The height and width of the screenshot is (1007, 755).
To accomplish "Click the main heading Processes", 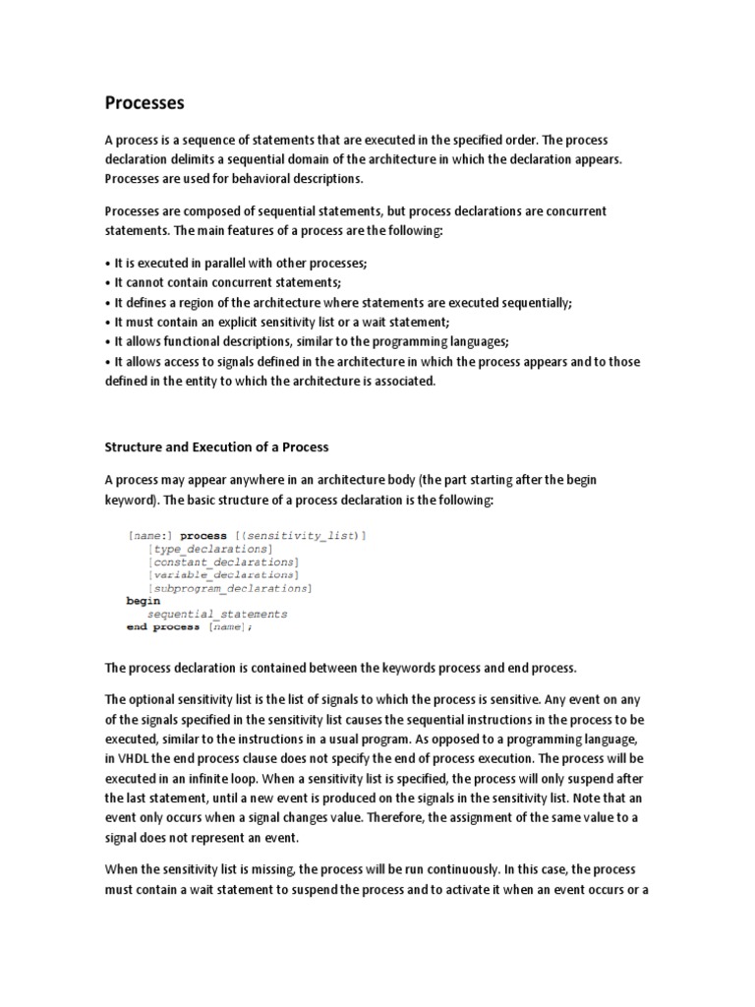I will pyautogui.click(x=144, y=102).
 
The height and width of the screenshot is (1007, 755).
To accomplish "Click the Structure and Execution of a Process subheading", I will pyautogui.click(x=217, y=445).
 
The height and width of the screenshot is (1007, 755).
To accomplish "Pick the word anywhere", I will pyautogui.click(x=261, y=479).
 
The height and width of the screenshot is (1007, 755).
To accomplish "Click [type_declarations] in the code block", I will pyautogui.click(x=208, y=548).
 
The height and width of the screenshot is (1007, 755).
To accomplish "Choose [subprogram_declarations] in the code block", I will pyautogui.click(x=229, y=588).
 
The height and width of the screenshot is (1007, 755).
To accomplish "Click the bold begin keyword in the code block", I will pyautogui.click(x=143, y=601).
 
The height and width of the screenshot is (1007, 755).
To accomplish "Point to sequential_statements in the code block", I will pyautogui.click(x=217, y=614).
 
